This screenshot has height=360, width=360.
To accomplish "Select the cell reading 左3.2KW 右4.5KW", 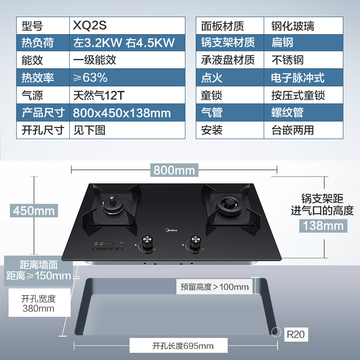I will tap(123, 43).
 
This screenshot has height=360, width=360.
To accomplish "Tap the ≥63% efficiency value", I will tap(90, 77).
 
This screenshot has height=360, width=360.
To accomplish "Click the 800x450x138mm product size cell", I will tap(122, 112).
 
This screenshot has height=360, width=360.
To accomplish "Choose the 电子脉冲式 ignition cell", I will tap(297, 77).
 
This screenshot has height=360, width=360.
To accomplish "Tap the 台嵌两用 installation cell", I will tap(293, 130).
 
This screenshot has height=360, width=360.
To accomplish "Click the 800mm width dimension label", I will tap(174, 170).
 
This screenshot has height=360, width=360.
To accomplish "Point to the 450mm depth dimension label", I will tap(33, 210).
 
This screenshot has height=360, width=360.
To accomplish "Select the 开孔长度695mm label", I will tap(183, 346).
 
